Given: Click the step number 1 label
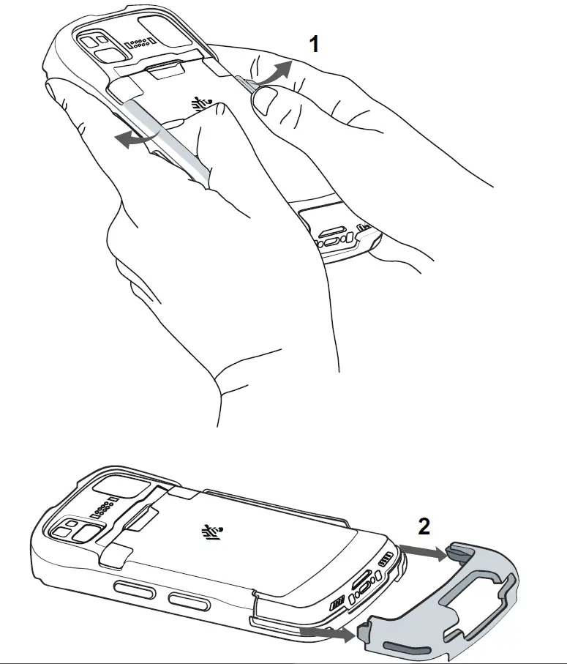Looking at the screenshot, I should [315, 45].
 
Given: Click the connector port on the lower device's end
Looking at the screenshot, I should [362, 586].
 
